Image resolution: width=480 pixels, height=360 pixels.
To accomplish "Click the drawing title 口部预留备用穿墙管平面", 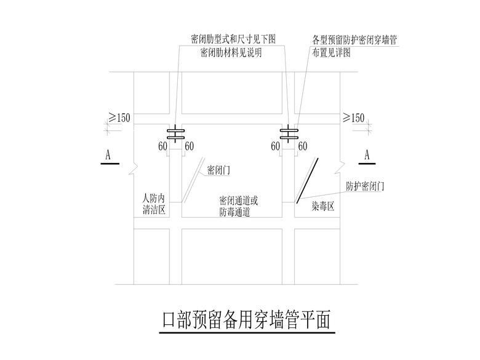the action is point(246,320).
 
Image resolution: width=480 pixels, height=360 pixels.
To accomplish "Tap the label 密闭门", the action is point(218,170).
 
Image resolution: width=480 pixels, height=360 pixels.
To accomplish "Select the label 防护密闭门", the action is point(365,186).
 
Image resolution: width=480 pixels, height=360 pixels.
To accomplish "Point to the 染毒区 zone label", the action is point(323,207).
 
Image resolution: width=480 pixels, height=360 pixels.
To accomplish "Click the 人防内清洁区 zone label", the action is point(154,204).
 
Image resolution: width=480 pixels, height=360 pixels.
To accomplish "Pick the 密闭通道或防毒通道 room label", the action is point(239,206).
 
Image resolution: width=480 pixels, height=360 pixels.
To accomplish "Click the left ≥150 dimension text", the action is point(119,118).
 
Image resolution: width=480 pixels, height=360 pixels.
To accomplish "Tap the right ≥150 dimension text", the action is point(354,118).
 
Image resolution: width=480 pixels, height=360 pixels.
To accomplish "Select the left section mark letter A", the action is point(108,155).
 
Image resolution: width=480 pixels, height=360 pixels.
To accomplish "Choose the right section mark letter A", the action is point(367,155).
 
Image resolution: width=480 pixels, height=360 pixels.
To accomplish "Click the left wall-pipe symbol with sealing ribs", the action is point(175,134).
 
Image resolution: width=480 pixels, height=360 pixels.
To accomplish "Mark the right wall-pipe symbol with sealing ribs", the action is point(289,134).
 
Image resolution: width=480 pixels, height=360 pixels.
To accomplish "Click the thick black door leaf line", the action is point(307,180).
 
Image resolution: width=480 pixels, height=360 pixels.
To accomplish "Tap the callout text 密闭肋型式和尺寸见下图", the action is point(233,39).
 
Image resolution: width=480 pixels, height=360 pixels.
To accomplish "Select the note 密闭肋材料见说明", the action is point(231,53).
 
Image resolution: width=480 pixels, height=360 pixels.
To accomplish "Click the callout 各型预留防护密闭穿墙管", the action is point(354,40).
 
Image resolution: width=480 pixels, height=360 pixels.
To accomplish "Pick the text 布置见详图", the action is point(331,53).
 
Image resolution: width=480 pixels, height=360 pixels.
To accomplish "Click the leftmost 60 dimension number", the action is point(163,146).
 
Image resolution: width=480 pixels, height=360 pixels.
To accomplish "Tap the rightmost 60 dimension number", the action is point(303,146).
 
